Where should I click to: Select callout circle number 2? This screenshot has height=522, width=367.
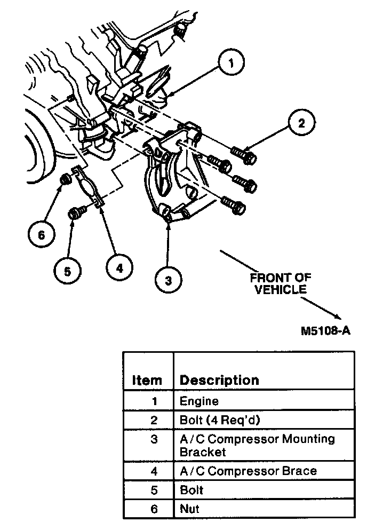tap(301, 123)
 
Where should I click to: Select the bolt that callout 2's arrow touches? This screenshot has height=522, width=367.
tap(245, 155)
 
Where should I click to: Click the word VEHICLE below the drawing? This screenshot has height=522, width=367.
tap(281, 289)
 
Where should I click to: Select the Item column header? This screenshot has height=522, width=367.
tap(146, 380)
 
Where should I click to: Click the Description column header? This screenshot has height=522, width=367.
tap(219, 380)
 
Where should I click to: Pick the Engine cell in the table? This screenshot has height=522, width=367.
tap(199, 400)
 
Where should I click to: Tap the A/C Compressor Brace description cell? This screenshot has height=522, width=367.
tap(248, 471)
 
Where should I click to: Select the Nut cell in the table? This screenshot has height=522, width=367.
tap(189, 509)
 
